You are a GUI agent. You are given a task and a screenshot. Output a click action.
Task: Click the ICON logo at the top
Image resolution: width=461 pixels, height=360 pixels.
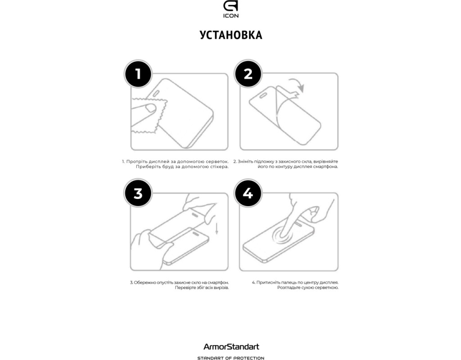click(231, 9)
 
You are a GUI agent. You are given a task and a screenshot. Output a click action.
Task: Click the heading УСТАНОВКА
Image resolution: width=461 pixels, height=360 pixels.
click(231, 35)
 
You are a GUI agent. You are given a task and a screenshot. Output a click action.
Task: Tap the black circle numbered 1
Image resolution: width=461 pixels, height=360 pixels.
click(138, 74)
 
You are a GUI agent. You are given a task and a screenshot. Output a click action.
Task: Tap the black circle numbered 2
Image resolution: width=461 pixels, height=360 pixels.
click(248, 73)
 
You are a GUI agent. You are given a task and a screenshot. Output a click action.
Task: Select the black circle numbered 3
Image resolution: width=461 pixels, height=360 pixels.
click(138, 193)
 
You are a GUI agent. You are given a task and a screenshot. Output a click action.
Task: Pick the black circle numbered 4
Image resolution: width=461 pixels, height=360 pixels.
click(248, 193)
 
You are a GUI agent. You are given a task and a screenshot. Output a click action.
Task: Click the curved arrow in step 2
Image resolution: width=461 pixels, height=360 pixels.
click(298, 84)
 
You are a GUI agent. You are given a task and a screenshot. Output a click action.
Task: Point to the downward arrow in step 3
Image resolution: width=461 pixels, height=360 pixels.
click(217, 228)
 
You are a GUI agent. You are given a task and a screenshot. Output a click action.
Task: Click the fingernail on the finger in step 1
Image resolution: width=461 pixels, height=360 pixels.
click(151, 108)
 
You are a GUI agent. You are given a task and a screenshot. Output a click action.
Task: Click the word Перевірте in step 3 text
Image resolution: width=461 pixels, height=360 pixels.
click(185, 288)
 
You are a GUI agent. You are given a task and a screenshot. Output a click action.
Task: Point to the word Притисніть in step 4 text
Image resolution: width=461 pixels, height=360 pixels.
click(268, 283)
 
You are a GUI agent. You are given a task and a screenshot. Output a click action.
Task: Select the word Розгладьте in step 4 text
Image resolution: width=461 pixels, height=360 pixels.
click(289, 288)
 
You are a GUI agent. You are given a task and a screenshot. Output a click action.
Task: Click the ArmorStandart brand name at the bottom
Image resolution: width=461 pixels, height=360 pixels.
click(231, 347)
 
